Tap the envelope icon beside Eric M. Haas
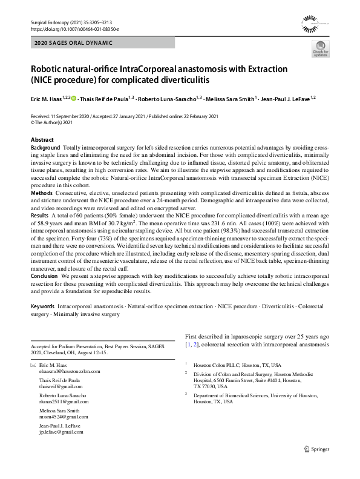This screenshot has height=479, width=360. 33,366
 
